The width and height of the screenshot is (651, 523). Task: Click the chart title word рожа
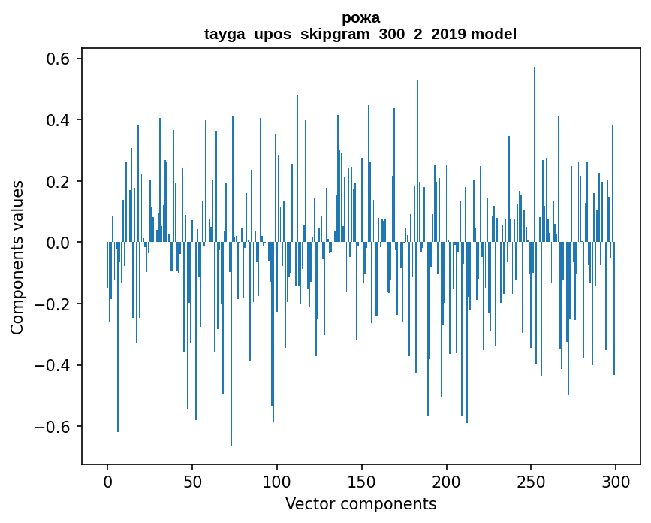360,18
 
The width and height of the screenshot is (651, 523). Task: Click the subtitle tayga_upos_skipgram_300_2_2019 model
360,34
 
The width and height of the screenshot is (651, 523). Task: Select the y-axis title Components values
17,257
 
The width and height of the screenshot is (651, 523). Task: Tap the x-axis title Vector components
360,503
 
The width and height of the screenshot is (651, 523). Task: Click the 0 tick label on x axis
107,481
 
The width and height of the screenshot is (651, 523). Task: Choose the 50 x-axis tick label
192,481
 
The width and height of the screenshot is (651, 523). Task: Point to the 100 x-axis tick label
277,481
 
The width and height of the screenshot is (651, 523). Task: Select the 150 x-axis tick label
362,481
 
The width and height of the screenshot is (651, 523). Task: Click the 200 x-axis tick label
447,481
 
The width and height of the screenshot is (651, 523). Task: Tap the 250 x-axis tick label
532,481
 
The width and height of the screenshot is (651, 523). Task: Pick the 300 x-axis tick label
616,481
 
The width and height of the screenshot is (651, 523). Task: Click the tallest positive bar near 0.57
535,150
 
